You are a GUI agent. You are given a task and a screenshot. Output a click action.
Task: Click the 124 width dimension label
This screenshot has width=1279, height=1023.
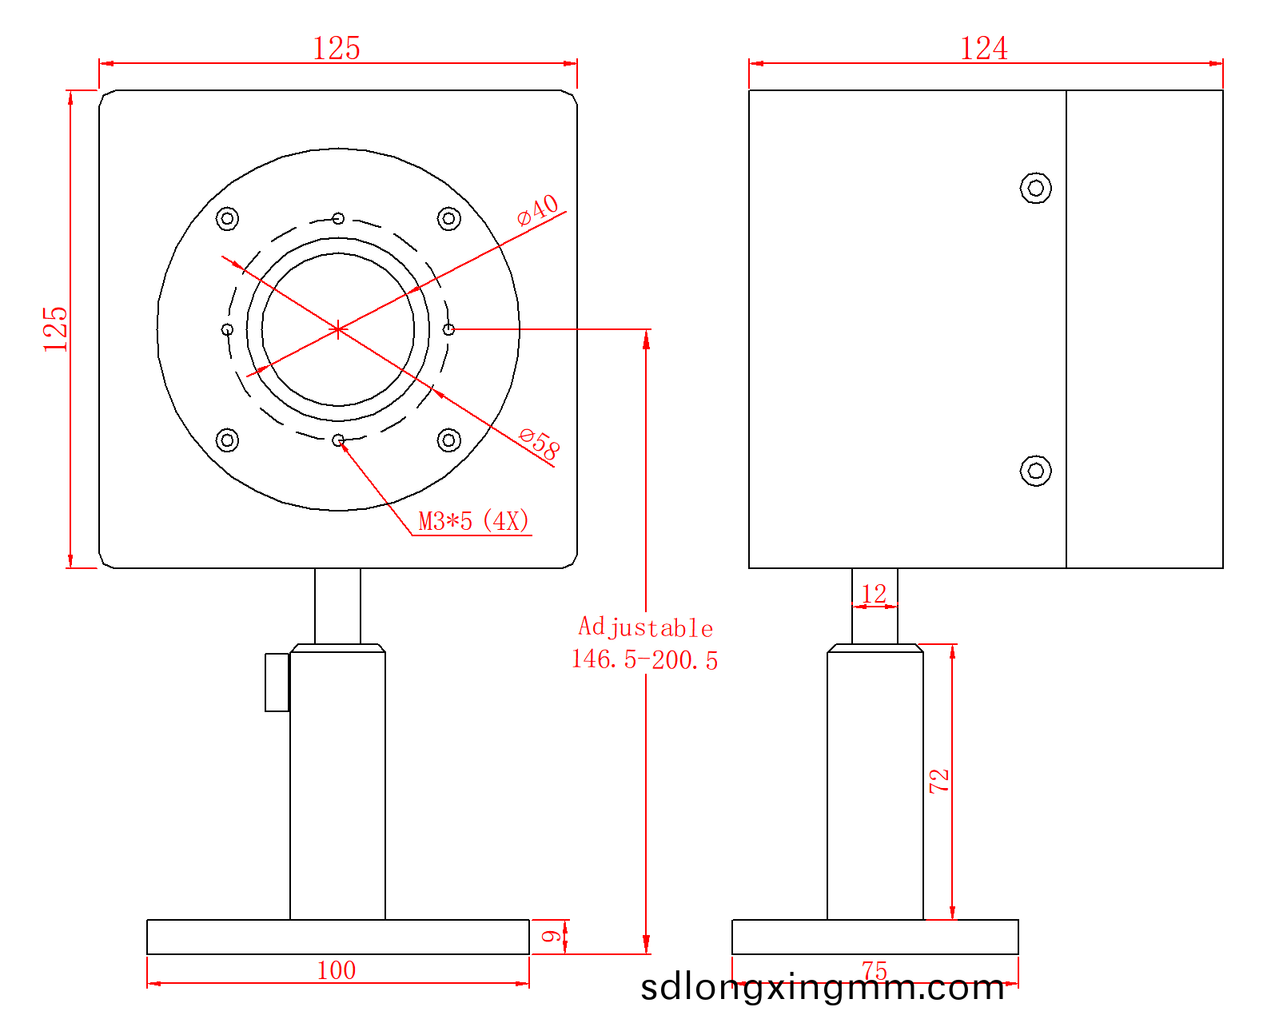coord(983,48)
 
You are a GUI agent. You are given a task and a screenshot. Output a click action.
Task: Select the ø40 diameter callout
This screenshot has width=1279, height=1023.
coord(538,209)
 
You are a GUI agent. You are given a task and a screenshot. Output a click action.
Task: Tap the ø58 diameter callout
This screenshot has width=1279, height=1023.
coord(539,444)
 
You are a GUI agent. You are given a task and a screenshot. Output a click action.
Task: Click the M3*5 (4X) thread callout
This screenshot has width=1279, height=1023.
coord(473,521)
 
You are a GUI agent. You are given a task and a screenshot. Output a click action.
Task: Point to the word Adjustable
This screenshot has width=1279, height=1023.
coord(645,627)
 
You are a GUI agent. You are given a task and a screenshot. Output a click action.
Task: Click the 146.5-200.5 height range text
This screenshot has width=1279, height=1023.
coord(645,660)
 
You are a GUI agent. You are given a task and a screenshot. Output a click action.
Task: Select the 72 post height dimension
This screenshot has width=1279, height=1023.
coord(939,781)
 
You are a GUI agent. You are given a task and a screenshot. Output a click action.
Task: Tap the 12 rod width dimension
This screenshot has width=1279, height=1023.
coord(874,594)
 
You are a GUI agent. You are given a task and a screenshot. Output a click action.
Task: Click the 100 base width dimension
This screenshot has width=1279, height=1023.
coord(337,971)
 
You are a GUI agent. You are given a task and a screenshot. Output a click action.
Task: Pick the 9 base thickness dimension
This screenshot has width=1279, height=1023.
coord(551,936)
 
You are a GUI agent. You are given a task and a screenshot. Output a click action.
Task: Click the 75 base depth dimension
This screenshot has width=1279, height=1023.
coord(875,970)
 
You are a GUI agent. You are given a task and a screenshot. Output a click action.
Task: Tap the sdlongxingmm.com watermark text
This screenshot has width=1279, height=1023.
coord(822,988)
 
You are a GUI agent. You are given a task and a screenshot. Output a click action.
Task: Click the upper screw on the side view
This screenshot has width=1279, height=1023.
coord(1035,188)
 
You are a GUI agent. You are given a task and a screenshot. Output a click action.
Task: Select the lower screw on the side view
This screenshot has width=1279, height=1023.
coord(1035,471)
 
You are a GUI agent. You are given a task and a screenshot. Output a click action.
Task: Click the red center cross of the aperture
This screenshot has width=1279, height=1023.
coord(337,329)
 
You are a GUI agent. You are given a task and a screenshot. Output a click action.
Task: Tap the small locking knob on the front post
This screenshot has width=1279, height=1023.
coord(277,683)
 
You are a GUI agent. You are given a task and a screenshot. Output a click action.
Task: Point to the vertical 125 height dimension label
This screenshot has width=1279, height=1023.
coord(55,329)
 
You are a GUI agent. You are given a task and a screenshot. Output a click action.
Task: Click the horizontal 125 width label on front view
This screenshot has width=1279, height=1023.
coord(337,48)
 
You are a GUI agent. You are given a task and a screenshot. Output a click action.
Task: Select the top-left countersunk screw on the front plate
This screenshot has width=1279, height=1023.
coord(227,219)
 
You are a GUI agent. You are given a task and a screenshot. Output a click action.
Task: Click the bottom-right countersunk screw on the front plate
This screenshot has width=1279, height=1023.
coord(448,440)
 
